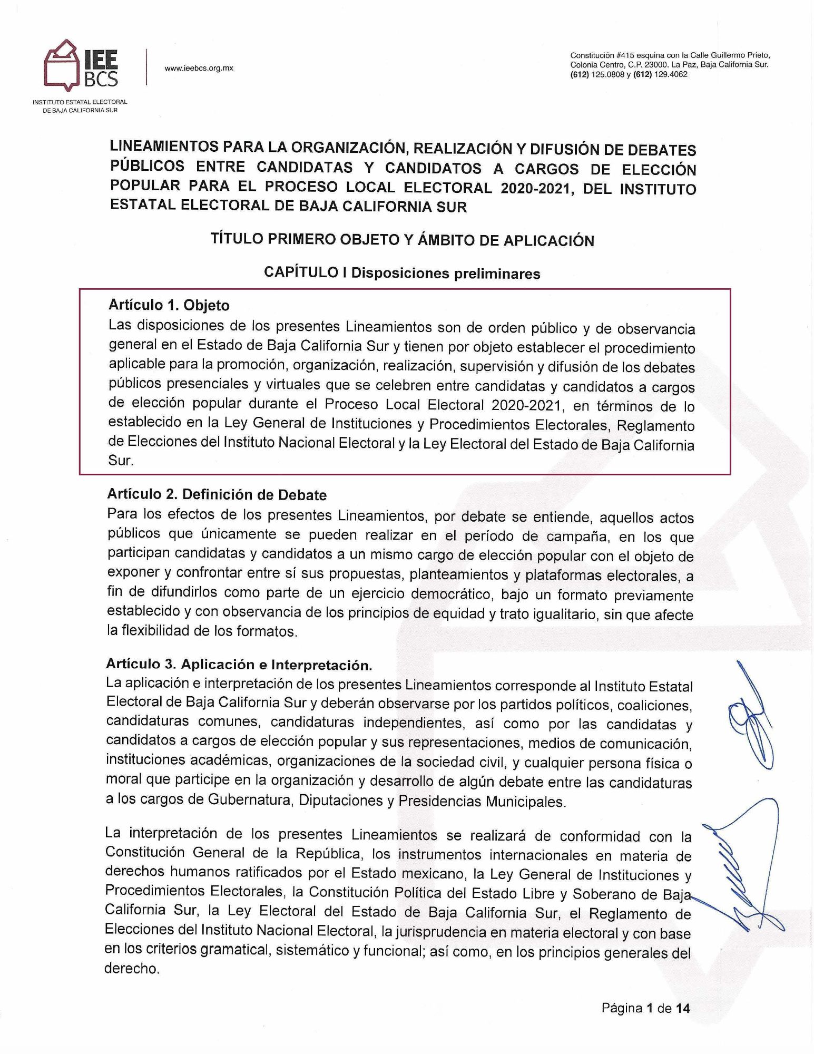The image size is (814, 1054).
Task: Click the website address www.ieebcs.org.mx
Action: pyautogui.click(x=199, y=68)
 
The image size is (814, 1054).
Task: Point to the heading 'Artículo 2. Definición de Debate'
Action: pyautogui.click(x=217, y=495)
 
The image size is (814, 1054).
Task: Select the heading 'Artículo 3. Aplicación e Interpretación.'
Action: pyautogui.click(x=239, y=664)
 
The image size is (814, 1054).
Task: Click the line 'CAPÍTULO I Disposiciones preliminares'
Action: pyautogui.click(x=401, y=273)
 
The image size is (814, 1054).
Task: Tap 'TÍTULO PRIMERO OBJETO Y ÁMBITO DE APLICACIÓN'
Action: pyautogui.click(x=402, y=240)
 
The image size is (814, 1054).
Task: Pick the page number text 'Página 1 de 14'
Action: pyautogui.click(x=645, y=1009)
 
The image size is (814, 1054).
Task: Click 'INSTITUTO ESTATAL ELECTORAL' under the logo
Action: pyautogui.click(x=80, y=102)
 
